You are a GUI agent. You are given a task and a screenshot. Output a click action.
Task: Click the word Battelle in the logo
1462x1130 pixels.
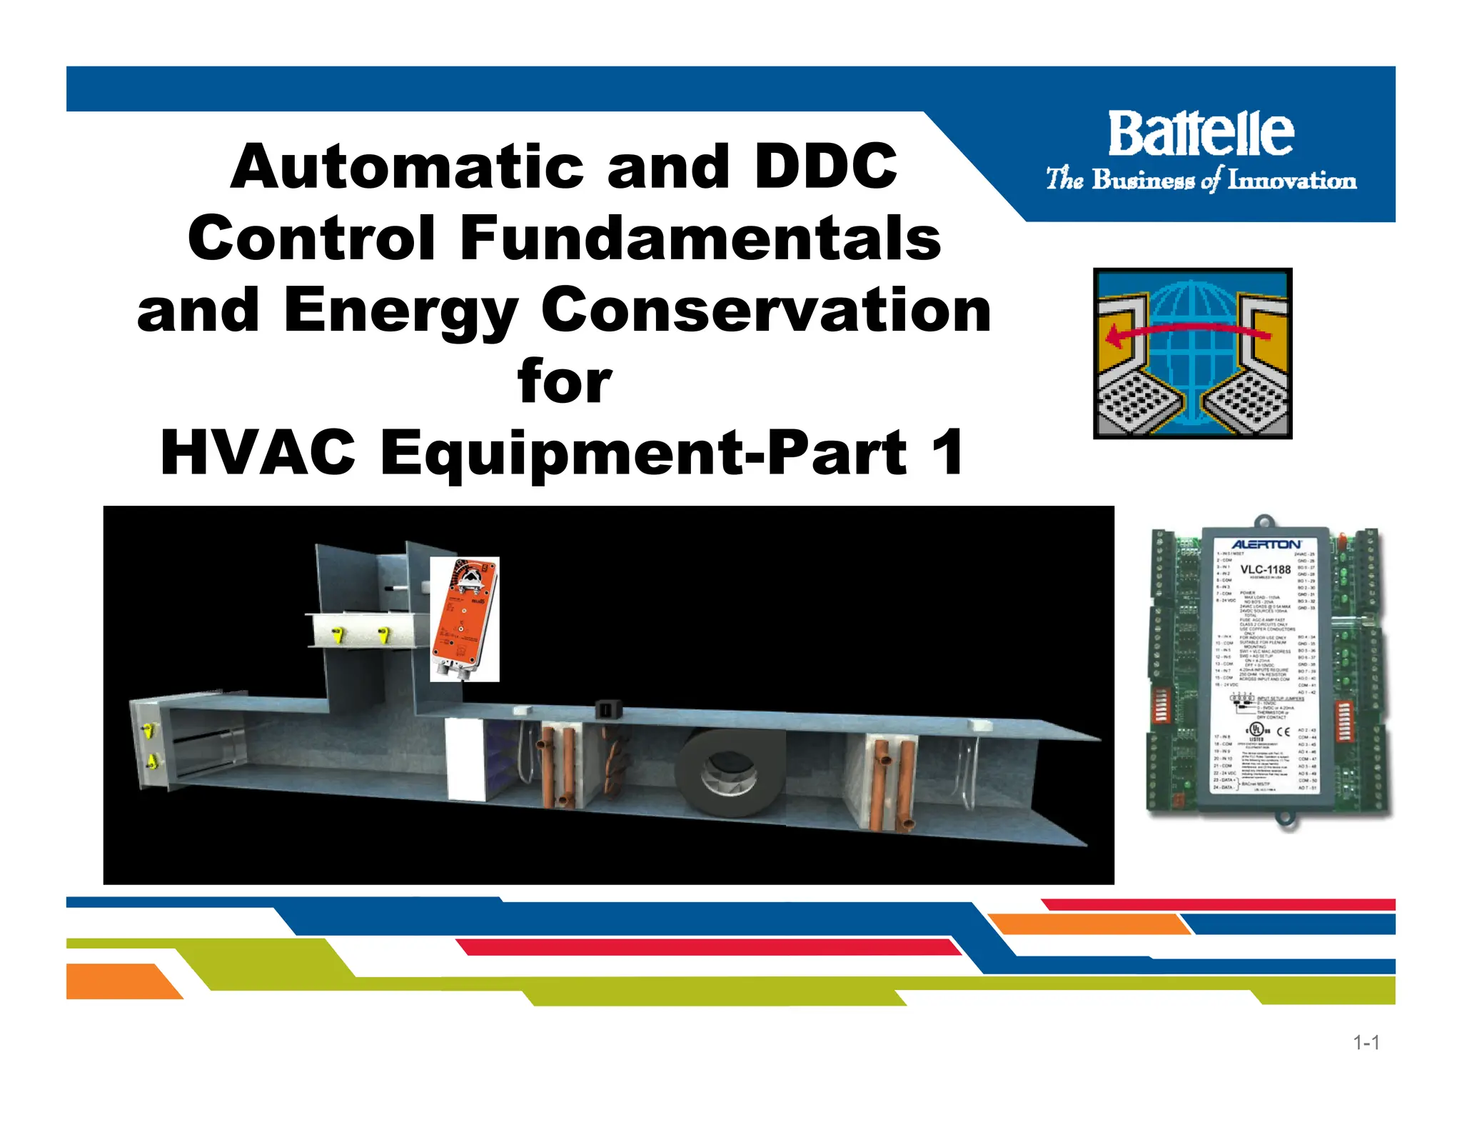[x=1201, y=134]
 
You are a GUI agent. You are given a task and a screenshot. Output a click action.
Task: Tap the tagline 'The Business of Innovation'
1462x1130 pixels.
[x=1201, y=179]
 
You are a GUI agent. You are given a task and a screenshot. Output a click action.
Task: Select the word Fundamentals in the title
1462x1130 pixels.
[x=700, y=238]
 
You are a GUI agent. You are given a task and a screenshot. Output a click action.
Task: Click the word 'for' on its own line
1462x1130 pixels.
[x=564, y=381]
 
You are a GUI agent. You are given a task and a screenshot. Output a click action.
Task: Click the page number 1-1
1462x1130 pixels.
[x=1366, y=1043]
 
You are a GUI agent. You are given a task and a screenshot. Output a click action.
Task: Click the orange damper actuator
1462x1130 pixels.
[x=464, y=618]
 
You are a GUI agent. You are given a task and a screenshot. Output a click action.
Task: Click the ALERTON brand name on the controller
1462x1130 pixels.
[x=1266, y=545]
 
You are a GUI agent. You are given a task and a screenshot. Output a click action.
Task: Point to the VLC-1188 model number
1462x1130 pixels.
[x=1265, y=569]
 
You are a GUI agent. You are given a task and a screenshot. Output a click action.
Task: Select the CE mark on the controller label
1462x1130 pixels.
[x=1283, y=731]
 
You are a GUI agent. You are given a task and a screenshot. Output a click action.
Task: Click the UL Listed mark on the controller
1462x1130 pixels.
[x=1256, y=730]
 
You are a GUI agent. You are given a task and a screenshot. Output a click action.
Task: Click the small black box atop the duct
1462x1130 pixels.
[x=608, y=710]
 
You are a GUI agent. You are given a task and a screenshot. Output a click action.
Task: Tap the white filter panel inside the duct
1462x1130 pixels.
[x=464, y=759]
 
